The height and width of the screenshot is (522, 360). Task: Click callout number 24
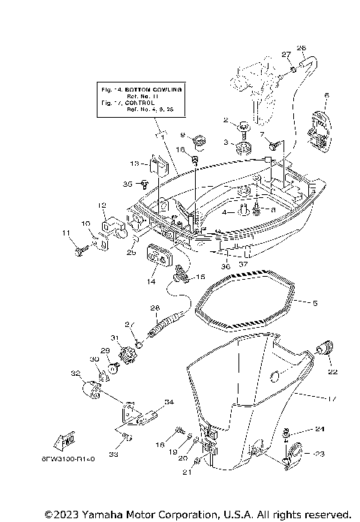(x=320, y=429)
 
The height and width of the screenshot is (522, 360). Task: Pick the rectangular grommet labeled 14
(x=157, y=256)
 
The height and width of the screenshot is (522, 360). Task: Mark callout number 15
(x=200, y=277)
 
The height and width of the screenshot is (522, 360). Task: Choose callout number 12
(x=100, y=205)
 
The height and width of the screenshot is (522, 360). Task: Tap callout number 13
(x=133, y=162)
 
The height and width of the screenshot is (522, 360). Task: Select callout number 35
(x=127, y=183)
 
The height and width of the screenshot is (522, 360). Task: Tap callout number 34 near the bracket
(x=169, y=403)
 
